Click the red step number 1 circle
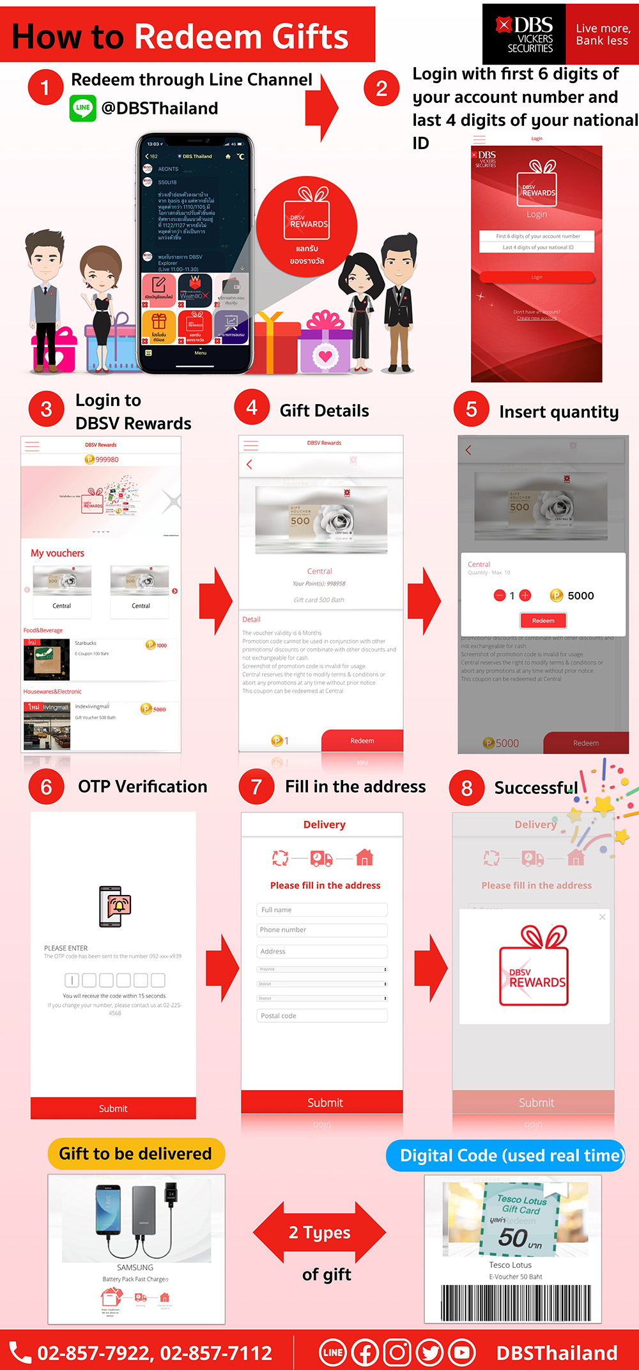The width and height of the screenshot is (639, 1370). point(45,87)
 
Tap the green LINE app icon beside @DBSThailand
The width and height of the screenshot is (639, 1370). point(83,108)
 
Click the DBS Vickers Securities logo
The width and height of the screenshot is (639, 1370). point(524,34)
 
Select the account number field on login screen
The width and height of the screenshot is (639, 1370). point(537,236)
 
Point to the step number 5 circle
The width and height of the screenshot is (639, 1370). point(472,410)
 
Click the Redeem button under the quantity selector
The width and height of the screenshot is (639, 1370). point(543,620)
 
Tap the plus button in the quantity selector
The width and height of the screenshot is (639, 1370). point(525,596)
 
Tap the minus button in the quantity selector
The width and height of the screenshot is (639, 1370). point(500,596)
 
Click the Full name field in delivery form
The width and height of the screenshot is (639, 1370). point(323,910)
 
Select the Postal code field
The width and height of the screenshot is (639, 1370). point(323,1016)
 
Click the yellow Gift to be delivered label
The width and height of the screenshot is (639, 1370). point(136,1154)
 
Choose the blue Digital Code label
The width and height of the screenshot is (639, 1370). point(505,1156)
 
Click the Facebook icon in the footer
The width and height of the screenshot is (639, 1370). point(366,1353)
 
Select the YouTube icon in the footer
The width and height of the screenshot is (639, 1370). point(461,1353)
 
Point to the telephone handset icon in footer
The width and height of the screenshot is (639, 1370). point(20,1353)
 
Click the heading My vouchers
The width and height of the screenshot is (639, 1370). point(58,554)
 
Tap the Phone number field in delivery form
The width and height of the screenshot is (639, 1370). point(323,930)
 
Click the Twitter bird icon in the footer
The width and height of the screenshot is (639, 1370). point(429,1353)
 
